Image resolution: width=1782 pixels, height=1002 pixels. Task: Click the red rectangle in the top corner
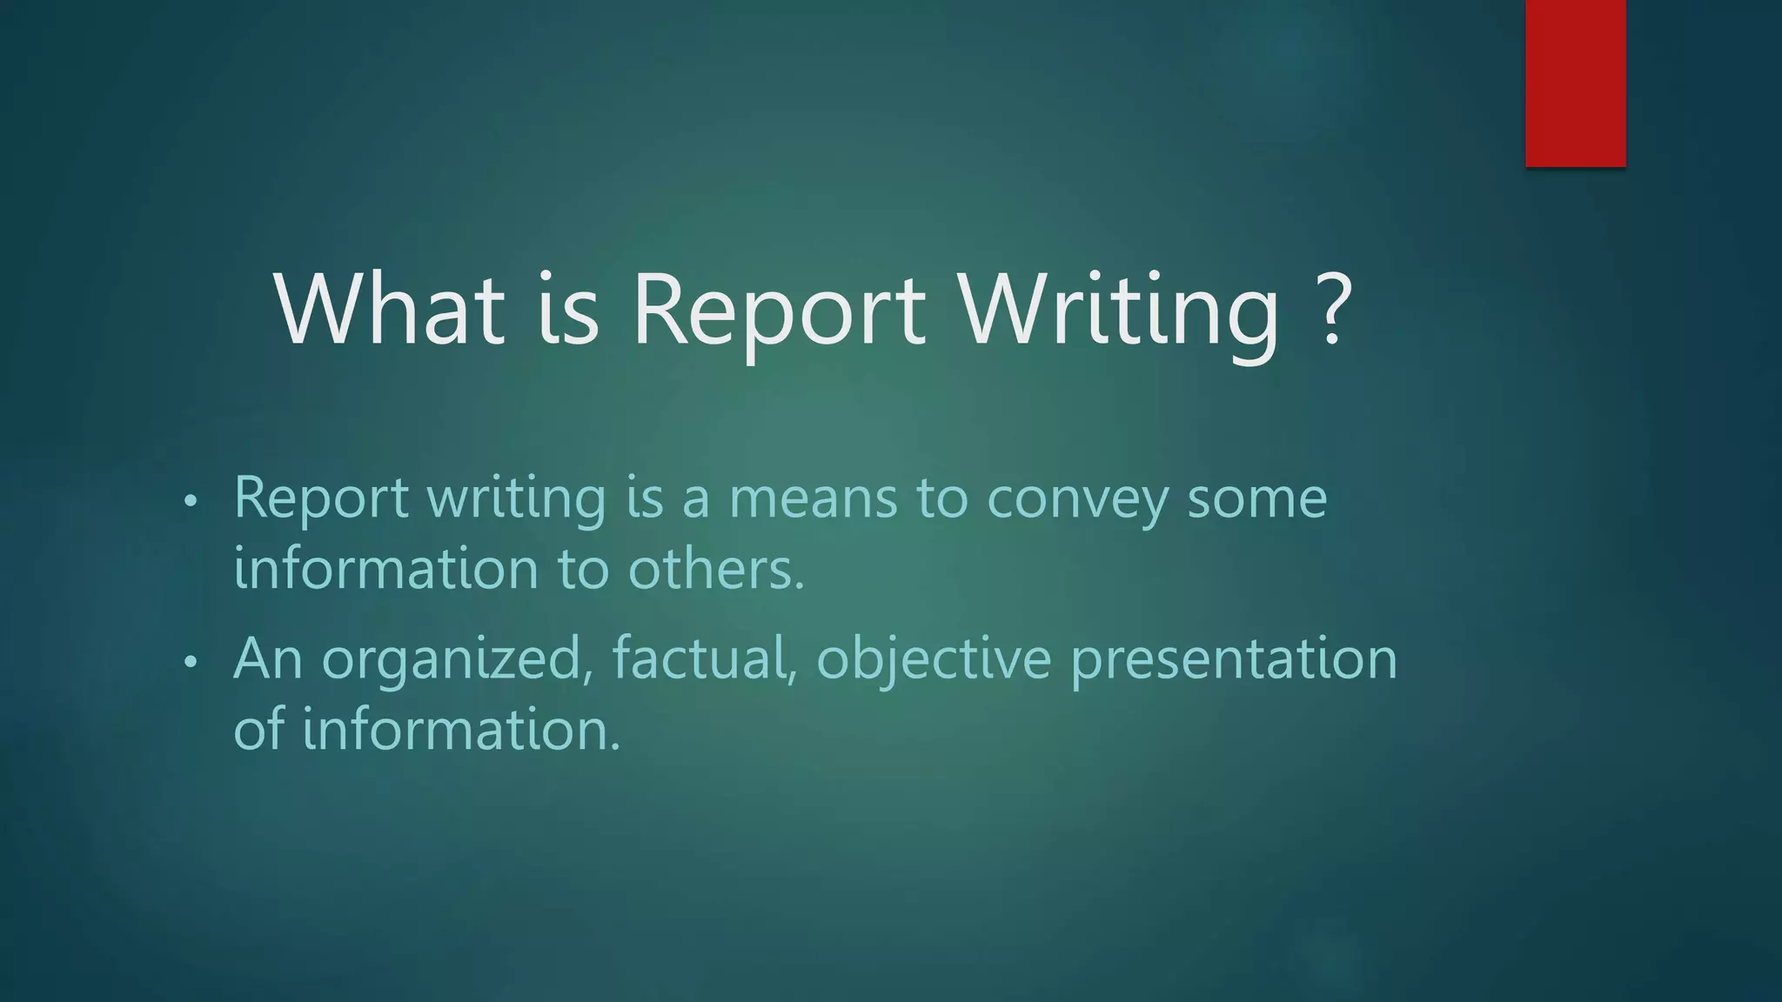1575,83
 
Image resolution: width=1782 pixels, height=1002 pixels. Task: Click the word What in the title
389,309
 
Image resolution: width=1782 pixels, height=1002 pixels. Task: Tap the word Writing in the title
1119,311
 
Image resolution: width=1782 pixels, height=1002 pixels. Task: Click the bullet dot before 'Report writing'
191,502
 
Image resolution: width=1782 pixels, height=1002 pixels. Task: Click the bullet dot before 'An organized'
191,663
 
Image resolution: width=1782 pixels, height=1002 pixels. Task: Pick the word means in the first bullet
813,498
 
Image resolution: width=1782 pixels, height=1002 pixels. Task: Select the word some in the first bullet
1257,498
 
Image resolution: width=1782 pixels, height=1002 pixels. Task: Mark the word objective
934,660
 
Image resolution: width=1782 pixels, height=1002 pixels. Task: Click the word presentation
1234,658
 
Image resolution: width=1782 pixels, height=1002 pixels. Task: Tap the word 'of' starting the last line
258,729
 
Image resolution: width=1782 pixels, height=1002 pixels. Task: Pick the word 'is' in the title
567,309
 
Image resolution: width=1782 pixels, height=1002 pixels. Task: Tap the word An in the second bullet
268,658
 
